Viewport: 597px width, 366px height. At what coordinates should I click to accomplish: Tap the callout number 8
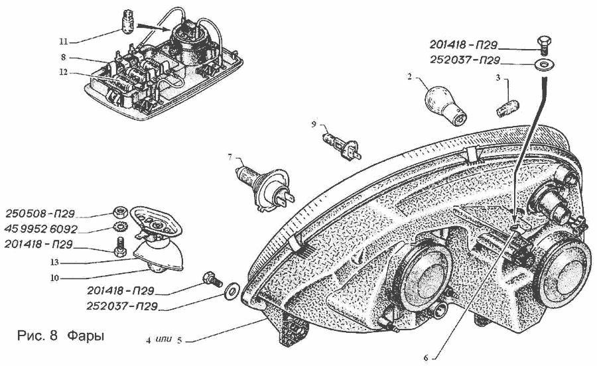tap(62, 58)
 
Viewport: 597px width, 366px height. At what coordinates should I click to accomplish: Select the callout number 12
tap(62, 72)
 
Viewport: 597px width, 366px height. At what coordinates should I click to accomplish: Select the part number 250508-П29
tap(40, 214)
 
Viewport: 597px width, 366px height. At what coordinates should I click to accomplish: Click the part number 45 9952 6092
tap(40, 229)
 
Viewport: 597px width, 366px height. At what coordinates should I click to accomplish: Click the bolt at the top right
tap(543, 44)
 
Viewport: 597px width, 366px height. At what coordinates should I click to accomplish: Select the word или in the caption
tap(165, 339)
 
